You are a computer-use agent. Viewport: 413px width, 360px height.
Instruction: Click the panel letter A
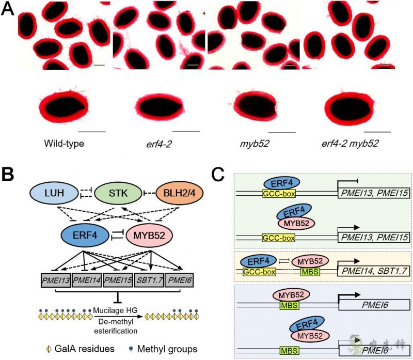8,10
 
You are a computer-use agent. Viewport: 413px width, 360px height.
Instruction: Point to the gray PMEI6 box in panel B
179,279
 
